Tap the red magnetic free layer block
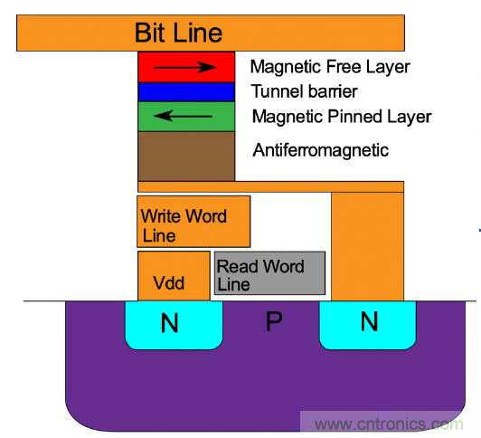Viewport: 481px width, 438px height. pos(186,67)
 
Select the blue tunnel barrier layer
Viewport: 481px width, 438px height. pos(186,91)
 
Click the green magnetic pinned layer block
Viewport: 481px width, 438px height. pos(186,116)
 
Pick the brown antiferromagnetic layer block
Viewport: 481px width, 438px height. pos(186,156)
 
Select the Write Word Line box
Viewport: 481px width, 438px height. pos(193,222)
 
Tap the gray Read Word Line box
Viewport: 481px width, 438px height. pos(269,273)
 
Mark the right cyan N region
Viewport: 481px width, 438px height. pos(367,324)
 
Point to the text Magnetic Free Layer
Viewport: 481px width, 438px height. pos(330,67)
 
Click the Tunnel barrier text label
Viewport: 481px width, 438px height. pos(304,91)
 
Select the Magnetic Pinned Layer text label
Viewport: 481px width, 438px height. pos(341,117)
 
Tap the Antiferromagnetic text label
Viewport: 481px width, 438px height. pos(320,149)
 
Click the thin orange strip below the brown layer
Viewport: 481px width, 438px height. pos(270,186)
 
